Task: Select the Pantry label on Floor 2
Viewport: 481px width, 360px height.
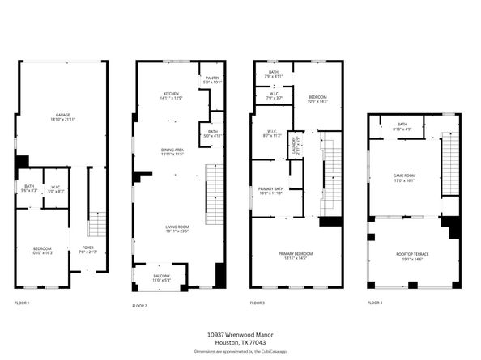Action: click(x=212, y=79)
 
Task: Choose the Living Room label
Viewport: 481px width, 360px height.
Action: click(x=171, y=229)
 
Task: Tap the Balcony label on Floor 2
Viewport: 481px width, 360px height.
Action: click(x=162, y=277)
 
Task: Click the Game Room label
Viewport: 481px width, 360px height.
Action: click(x=404, y=179)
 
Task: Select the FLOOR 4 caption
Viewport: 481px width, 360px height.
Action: click(x=375, y=303)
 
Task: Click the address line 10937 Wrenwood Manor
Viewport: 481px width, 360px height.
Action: click(x=240, y=333)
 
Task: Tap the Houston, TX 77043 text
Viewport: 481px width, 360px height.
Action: click(x=240, y=342)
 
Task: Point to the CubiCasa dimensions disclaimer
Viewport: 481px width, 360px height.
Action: click(x=240, y=352)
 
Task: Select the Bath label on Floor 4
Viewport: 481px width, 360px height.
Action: click(x=402, y=126)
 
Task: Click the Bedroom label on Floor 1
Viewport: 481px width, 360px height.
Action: click(x=42, y=251)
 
